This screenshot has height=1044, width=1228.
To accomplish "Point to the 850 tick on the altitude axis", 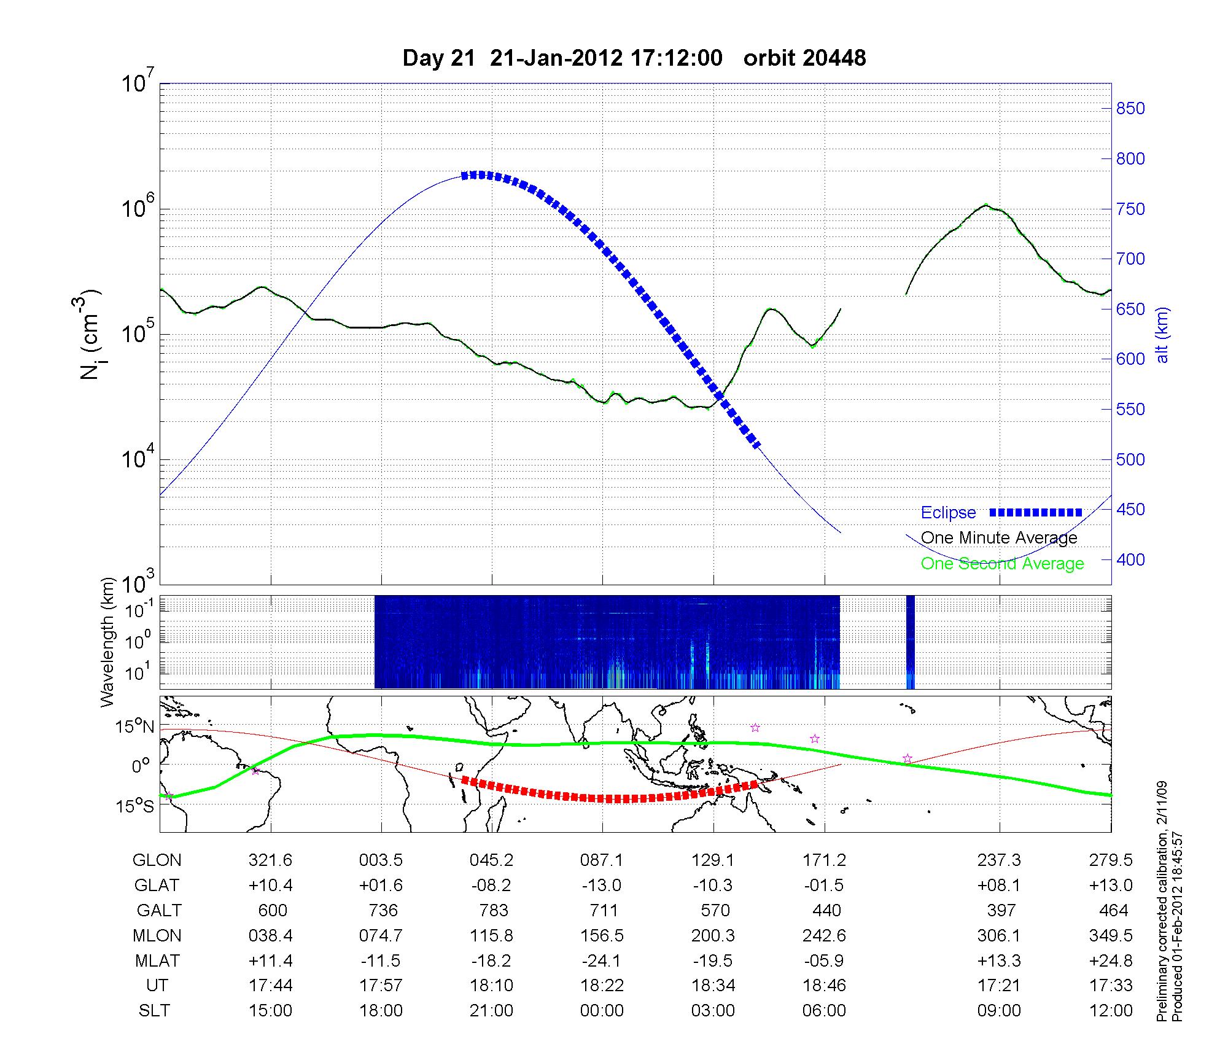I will pyautogui.click(x=1130, y=109).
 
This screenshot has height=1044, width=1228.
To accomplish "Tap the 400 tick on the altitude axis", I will pyautogui.click(x=1130, y=559).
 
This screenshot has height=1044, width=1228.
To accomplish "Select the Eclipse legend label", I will pyautogui.click(x=948, y=513).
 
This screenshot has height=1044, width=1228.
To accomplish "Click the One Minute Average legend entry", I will pyautogui.click(x=999, y=538).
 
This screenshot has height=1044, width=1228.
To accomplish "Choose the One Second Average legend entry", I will pyautogui.click(x=1002, y=564).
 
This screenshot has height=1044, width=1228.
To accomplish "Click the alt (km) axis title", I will pyautogui.click(x=1162, y=335).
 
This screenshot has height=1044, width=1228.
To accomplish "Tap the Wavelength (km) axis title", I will pyautogui.click(x=108, y=642).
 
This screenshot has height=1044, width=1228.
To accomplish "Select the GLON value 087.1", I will pyautogui.click(x=602, y=860).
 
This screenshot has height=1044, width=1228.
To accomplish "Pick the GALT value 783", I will pyautogui.click(x=493, y=910).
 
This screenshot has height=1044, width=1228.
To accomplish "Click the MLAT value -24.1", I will pyautogui.click(x=602, y=960).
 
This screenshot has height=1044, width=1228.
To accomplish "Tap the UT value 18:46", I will pyautogui.click(x=824, y=986).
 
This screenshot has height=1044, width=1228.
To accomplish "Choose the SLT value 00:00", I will pyautogui.click(x=602, y=1011).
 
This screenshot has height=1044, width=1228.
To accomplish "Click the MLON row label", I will pyautogui.click(x=157, y=935).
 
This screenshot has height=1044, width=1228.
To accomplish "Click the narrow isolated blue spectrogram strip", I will pyautogui.click(x=911, y=642).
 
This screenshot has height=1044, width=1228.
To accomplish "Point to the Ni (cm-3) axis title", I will pyautogui.click(x=91, y=335).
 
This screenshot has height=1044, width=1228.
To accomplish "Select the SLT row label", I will pyautogui.click(x=154, y=1011).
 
